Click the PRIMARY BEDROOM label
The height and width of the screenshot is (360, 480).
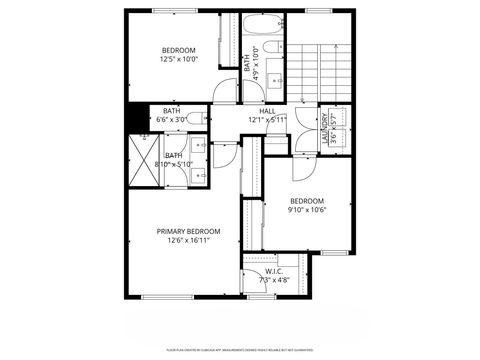tap(188, 231)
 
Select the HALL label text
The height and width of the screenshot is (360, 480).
tap(267, 111)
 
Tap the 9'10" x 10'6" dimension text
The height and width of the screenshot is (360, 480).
tap(308, 209)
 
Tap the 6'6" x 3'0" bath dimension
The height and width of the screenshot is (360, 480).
tap(174, 120)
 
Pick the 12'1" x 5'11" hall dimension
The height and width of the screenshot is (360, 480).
tap(267, 120)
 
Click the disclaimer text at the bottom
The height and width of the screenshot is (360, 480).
tap(240, 349)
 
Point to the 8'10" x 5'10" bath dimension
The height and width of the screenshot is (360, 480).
tap(174, 164)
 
